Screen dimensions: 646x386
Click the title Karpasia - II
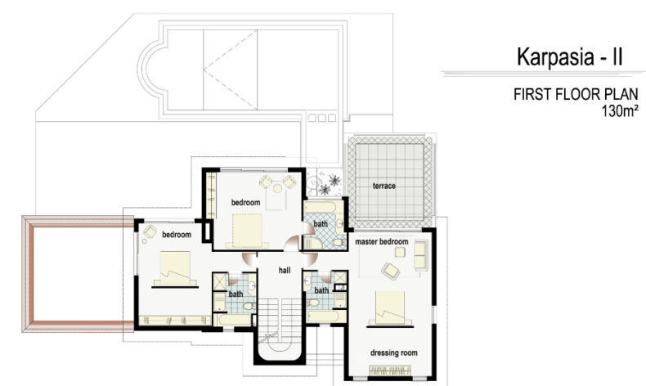coord(570,57)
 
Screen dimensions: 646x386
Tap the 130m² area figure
coord(620,111)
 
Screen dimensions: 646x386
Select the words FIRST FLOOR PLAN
coord(576,94)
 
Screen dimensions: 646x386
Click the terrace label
coord(384,186)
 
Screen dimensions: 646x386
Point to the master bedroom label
coord(382,241)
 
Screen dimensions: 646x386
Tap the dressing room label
coord(394,352)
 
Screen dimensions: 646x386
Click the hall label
coord(285,270)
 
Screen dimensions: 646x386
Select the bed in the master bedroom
coord(390,309)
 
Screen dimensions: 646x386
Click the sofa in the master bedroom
coord(421,255)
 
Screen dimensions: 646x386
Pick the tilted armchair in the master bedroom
coord(390,271)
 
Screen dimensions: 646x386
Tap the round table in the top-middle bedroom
coord(278,188)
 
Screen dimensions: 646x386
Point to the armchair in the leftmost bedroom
coord(150,231)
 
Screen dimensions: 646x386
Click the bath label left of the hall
coord(236,294)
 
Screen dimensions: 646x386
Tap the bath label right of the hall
coord(321,290)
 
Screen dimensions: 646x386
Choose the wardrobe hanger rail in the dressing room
coord(390,370)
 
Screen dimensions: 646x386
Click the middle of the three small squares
coord(321,119)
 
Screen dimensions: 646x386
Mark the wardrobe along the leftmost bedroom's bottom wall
coord(175,321)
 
